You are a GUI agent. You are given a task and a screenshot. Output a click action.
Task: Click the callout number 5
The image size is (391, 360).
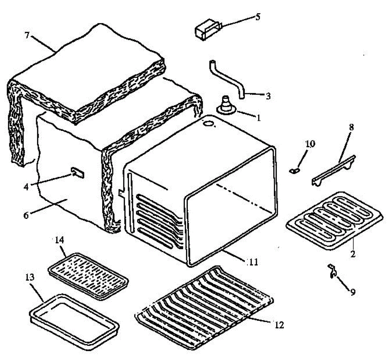pos(258,17)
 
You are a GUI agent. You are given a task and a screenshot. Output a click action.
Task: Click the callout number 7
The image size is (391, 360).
pos(27,35)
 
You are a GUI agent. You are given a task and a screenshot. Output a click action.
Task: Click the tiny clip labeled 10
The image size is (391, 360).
pos(295,170)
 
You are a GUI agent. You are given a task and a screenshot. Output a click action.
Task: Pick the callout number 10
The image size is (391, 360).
pos(310,143)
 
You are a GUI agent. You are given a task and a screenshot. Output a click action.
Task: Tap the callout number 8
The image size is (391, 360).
pos(351,127)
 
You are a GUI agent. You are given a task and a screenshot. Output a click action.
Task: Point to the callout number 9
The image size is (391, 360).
pos(353,292)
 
